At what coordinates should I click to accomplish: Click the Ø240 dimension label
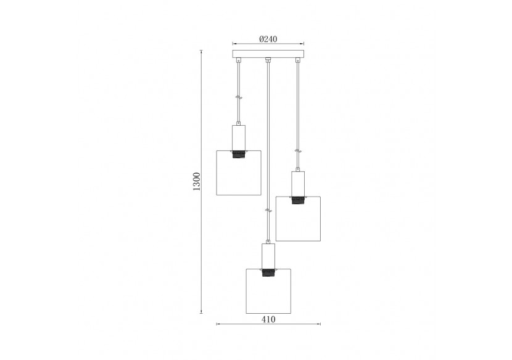tap(268, 38)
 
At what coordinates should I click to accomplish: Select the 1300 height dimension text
tap(197, 181)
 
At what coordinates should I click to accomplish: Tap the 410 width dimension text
tap(268, 319)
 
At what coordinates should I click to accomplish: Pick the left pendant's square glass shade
tap(238, 176)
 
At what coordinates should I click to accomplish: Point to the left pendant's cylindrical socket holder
tap(238, 136)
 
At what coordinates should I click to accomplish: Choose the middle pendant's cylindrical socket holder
tap(268, 254)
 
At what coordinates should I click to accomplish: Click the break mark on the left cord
tap(238, 97)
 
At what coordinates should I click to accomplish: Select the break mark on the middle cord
tap(268, 211)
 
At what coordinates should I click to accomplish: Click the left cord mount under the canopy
tap(238, 61)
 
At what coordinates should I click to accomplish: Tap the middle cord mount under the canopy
tap(268, 61)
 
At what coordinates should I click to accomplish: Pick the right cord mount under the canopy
tap(298, 61)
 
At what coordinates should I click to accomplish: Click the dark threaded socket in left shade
tap(238, 154)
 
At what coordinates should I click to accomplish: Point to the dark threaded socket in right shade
tap(299, 200)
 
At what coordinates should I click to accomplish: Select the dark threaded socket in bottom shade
tap(268, 272)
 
